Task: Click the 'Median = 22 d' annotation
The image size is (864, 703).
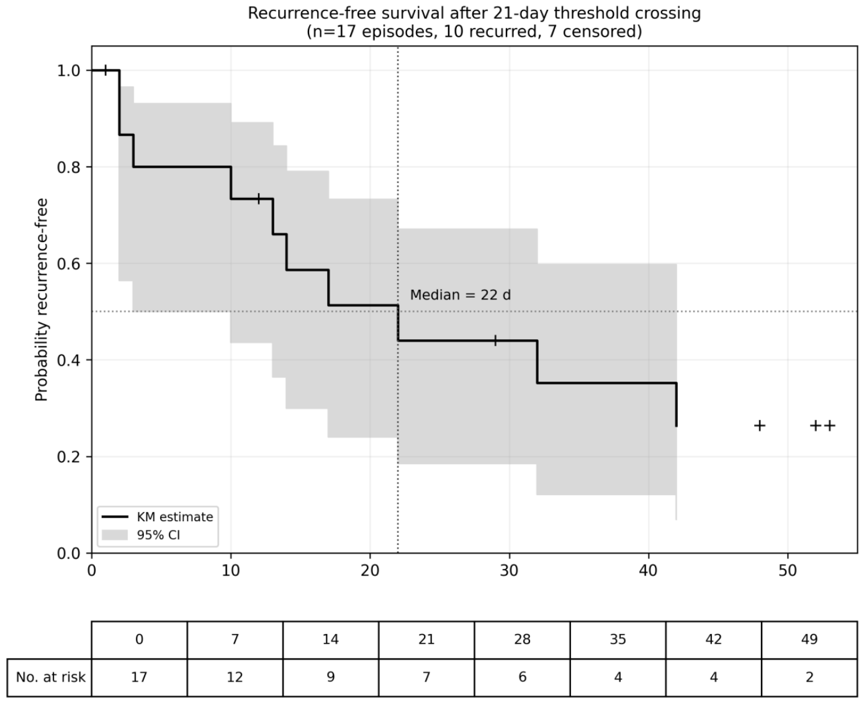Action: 461,295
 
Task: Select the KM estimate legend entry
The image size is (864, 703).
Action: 158,517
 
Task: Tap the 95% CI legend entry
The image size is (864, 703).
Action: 140,535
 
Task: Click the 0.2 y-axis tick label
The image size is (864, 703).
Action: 68,457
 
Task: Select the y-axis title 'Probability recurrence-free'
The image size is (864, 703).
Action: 42,300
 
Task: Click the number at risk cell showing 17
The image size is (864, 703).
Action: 139,677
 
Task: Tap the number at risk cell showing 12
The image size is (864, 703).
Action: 235,677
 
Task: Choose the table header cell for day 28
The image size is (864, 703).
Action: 522,639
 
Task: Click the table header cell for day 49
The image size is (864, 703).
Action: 809,639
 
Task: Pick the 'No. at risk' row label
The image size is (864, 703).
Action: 51,677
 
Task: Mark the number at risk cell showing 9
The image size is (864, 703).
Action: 331,677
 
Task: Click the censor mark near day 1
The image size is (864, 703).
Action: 106,70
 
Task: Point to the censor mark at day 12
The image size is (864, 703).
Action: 259,199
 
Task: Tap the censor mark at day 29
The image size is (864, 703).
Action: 495,341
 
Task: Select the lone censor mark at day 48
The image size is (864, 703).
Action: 760,426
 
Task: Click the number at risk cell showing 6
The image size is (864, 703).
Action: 522,677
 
